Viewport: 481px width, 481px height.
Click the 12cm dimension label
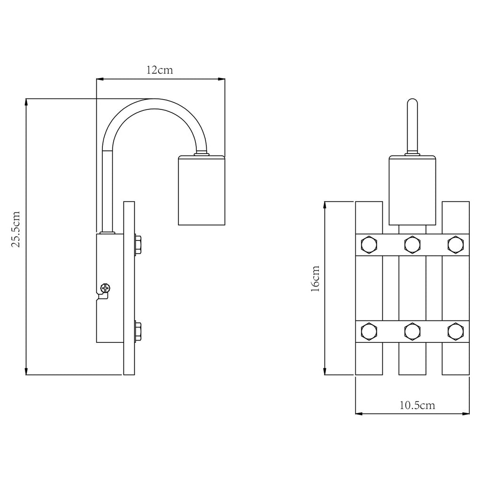point(160,70)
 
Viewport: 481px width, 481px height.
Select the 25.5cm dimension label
point(16,229)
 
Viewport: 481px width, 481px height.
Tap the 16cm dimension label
point(315,279)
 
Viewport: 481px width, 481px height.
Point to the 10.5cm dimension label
point(417,405)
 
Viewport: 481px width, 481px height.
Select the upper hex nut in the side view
point(138,245)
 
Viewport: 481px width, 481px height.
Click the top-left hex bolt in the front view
point(369,245)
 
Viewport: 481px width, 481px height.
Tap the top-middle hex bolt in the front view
point(412,245)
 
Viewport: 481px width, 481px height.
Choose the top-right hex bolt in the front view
point(456,245)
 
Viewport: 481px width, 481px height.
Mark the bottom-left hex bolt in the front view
point(369,331)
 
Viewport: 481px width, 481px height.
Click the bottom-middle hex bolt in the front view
point(412,331)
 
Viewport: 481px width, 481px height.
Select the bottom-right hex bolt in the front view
point(456,331)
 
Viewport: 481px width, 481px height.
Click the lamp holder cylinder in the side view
point(202,190)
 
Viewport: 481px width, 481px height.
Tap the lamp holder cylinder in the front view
point(412,190)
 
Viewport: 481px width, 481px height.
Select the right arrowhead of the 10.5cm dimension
point(465,413)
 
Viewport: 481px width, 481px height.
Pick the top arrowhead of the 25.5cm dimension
point(26,103)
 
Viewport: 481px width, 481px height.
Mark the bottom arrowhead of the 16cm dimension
point(325,371)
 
